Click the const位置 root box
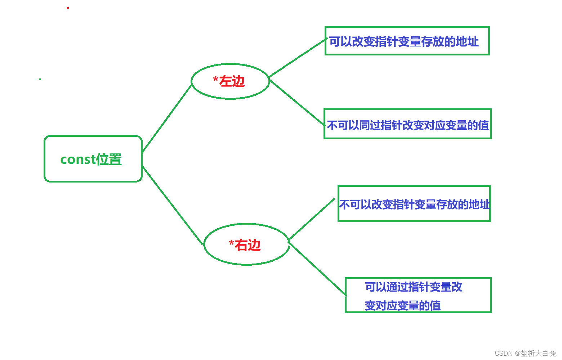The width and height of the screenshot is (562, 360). coord(93,159)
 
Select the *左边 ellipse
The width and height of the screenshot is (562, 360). coord(230,81)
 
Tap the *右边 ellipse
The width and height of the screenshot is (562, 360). coord(246,244)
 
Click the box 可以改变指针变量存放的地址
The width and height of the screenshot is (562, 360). coord(407,41)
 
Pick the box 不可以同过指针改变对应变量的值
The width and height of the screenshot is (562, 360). coord(407,124)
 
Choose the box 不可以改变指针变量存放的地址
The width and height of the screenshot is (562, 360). coord(414,204)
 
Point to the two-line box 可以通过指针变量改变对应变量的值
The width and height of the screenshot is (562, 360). coord(418,296)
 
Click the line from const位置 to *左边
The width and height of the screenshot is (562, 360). coord(167,119)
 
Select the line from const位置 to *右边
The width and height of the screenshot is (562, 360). coord(172,205)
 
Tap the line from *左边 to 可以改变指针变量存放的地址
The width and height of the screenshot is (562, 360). coord(297,58)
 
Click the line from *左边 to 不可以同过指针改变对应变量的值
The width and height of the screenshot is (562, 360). coord(297,103)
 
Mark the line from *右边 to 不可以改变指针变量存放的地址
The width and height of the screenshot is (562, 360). coord(312,219)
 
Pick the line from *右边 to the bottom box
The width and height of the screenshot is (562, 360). coord(317,269)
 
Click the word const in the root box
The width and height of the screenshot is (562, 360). coord(78,159)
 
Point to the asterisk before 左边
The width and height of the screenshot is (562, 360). coord(215,79)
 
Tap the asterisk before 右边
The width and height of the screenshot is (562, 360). coord(231,243)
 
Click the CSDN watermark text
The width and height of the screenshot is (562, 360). coord(525,353)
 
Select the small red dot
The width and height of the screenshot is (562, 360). coord(68,8)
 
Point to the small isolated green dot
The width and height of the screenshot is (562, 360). coord(40,79)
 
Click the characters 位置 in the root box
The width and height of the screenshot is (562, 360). coord(109,159)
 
